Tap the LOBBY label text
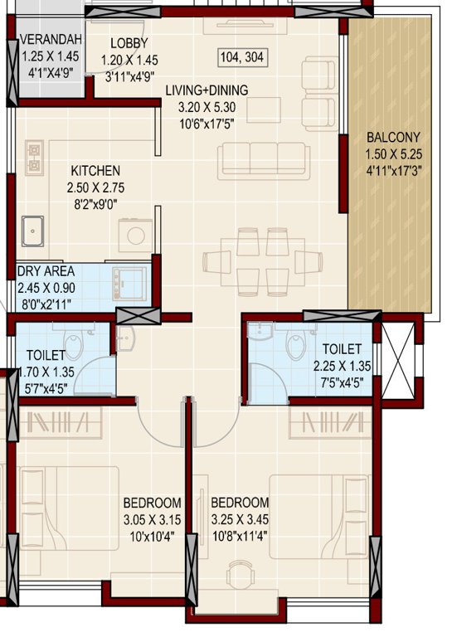(x=129, y=43)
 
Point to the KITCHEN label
(x=94, y=170)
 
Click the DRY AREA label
(x=46, y=271)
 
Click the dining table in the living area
(x=256, y=260)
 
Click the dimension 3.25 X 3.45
(x=240, y=518)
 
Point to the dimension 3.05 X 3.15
(x=152, y=518)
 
